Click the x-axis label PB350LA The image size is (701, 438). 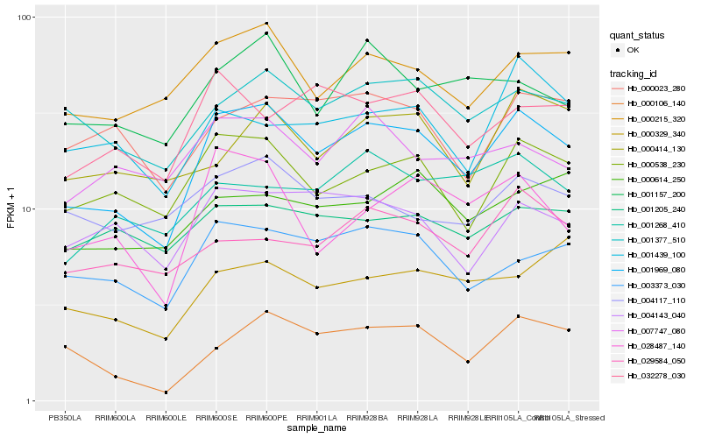(65, 418)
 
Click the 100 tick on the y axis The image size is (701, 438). (25, 18)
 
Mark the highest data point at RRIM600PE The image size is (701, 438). (266, 24)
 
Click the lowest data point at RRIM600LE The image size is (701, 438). (166, 392)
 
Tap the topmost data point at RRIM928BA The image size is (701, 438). (367, 41)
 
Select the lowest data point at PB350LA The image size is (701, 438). (65, 347)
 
